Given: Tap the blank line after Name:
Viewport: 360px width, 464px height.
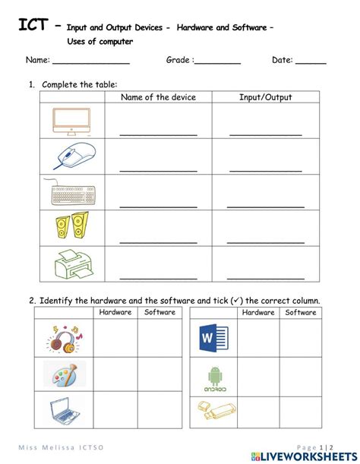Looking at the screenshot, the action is click(90, 62).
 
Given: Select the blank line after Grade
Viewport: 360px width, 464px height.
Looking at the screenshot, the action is click(218, 62).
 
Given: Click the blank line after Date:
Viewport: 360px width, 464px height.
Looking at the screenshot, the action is click(311, 62).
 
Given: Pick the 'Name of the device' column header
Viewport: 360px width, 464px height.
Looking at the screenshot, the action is click(158, 97).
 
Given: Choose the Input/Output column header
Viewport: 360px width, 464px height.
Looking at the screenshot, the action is click(265, 97).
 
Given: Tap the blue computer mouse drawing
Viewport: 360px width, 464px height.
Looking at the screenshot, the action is click(74, 156).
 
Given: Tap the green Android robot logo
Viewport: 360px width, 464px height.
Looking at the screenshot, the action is click(213, 377).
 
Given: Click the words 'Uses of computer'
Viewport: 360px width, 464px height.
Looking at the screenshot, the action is click(99, 41).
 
